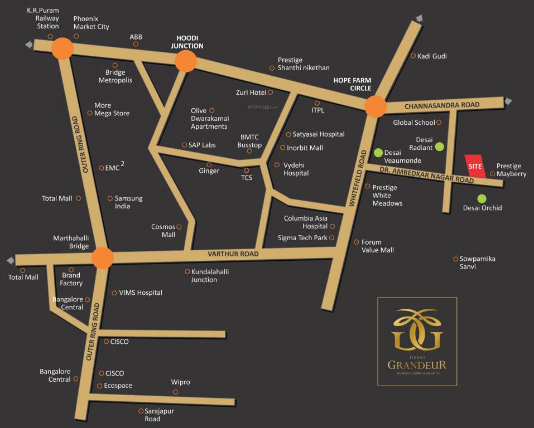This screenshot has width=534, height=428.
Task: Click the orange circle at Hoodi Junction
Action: [186, 61]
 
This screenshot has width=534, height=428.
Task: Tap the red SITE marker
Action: [475, 166]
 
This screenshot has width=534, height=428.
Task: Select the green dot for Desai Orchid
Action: [482, 198]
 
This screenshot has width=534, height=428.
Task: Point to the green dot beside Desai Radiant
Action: [440, 147]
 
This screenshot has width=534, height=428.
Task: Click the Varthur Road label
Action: [233, 254]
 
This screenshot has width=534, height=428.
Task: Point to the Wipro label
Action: [180, 382]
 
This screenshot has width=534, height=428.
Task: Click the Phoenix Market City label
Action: [92, 22]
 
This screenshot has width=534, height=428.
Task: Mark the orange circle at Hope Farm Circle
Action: [376, 106]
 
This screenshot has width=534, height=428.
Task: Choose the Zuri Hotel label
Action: [251, 93]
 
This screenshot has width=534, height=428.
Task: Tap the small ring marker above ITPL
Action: [317, 103]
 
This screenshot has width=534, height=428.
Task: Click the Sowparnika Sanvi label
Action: [477, 263]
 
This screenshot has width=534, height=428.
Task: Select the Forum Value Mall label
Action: [378, 246]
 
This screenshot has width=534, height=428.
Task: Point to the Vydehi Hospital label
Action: [296, 169]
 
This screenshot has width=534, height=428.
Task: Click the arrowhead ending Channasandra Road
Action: [508, 101]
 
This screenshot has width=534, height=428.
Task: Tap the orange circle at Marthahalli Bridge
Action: [103, 258]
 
